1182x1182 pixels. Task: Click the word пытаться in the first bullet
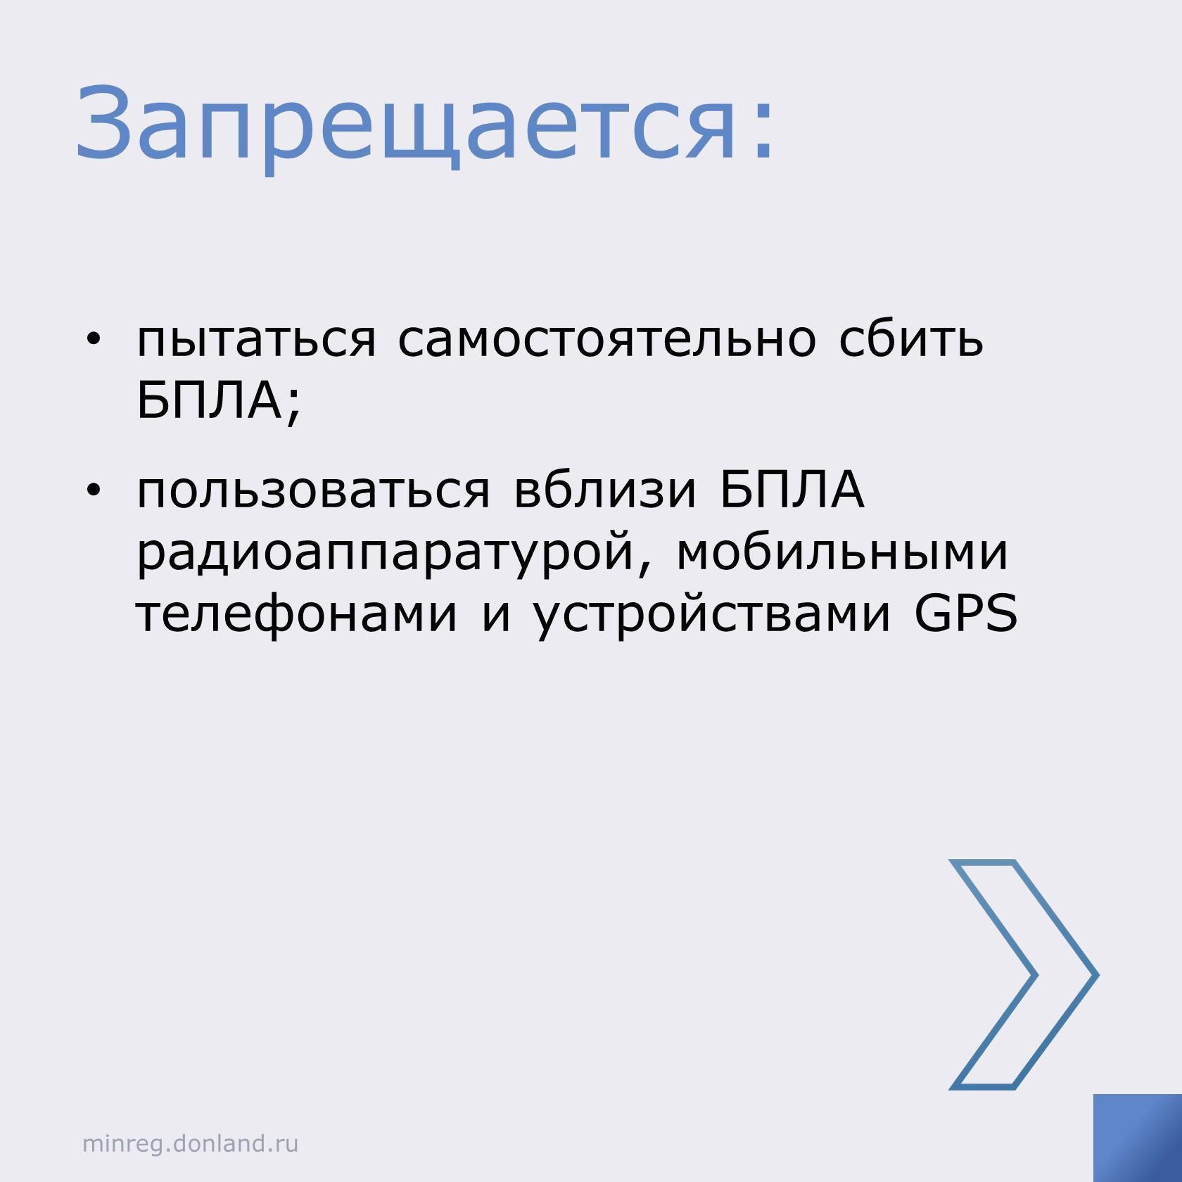click(257, 341)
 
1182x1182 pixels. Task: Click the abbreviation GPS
click(965, 613)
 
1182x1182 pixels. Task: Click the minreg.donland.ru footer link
click(191, 1143)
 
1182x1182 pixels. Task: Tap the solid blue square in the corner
click(1138, 1138)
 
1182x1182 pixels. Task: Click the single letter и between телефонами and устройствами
click(495, 615)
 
